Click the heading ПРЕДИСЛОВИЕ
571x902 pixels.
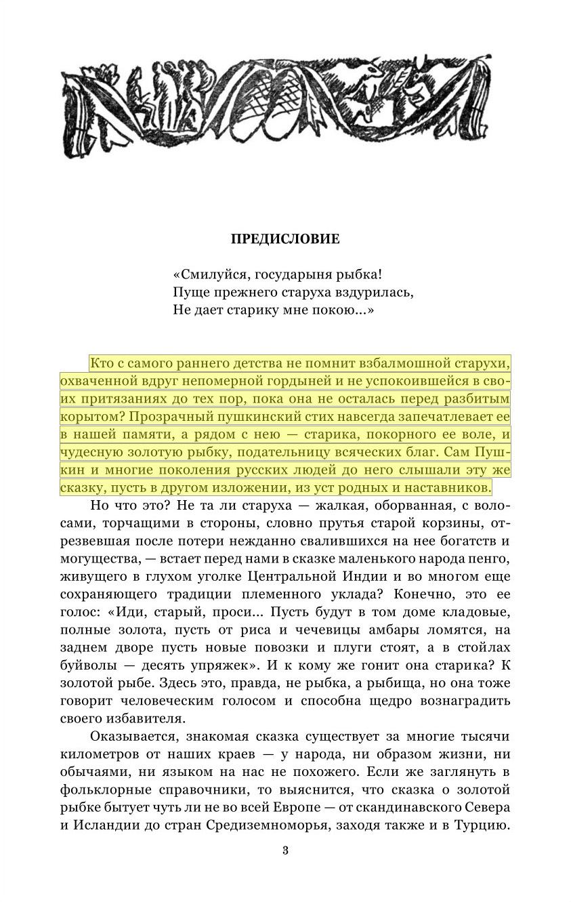(x=285, y=239)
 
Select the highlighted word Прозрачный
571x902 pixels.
(x=174, y=417)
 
